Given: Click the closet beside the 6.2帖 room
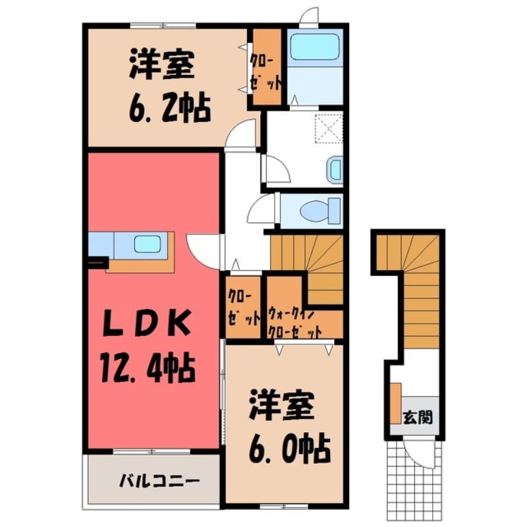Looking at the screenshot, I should [x=266, y=69].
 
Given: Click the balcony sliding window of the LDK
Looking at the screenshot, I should [x=152, y=452].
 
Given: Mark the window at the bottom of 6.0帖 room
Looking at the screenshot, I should [x=279, y=506].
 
